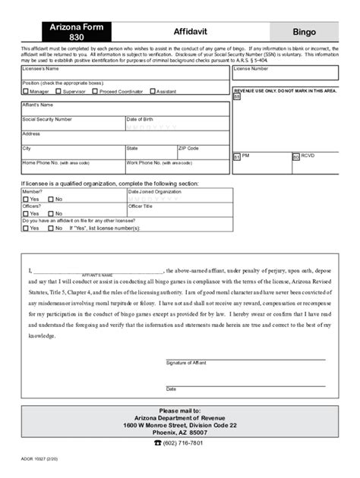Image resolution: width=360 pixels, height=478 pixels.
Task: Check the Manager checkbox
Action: tap(25, 91)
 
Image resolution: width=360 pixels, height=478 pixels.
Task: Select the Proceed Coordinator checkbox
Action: tap(94, 91)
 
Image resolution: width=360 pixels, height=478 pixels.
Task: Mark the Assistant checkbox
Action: tap(152, 91)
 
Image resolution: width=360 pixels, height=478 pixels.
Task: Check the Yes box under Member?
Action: tap(25, 200)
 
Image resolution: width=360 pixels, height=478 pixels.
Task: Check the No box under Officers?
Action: tap(50, 213)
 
